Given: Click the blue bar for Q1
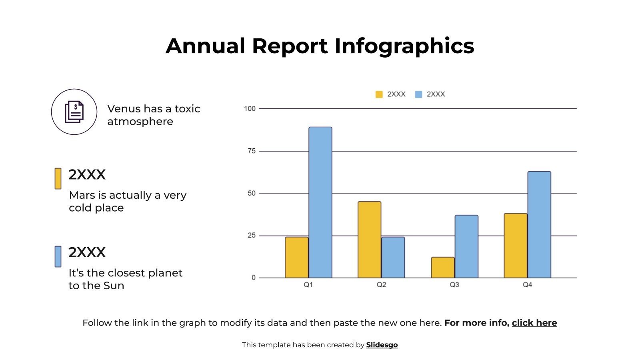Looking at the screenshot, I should tap(320, 202).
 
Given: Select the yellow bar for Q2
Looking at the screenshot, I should tap(369, 240).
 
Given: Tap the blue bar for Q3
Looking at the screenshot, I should tap(466, 246).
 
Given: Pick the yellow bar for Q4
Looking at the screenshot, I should tap(515, 246).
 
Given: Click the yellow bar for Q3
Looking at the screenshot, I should tap(442, 267).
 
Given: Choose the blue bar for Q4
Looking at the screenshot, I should tap(539, 224).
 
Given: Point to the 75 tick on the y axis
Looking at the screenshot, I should tap(251, 151).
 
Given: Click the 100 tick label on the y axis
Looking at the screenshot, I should tap(250, 109).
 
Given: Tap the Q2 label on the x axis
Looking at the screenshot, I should tap(381, 285).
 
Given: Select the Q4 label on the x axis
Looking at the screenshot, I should tap(527, 285).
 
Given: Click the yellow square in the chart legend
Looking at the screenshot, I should tap(379, 94).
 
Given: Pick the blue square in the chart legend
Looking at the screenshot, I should tap(418, 94).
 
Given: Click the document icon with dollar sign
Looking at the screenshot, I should tap(74, 112).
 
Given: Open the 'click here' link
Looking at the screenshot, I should tap(534, 323).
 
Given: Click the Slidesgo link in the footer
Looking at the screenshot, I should tap(382, 345).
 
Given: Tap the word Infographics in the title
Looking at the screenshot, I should tap(404, 46).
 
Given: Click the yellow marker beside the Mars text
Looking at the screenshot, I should tap(58, 178).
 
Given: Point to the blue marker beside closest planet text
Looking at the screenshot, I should tap(58, 256).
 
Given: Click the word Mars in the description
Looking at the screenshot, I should tap(82, 195).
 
